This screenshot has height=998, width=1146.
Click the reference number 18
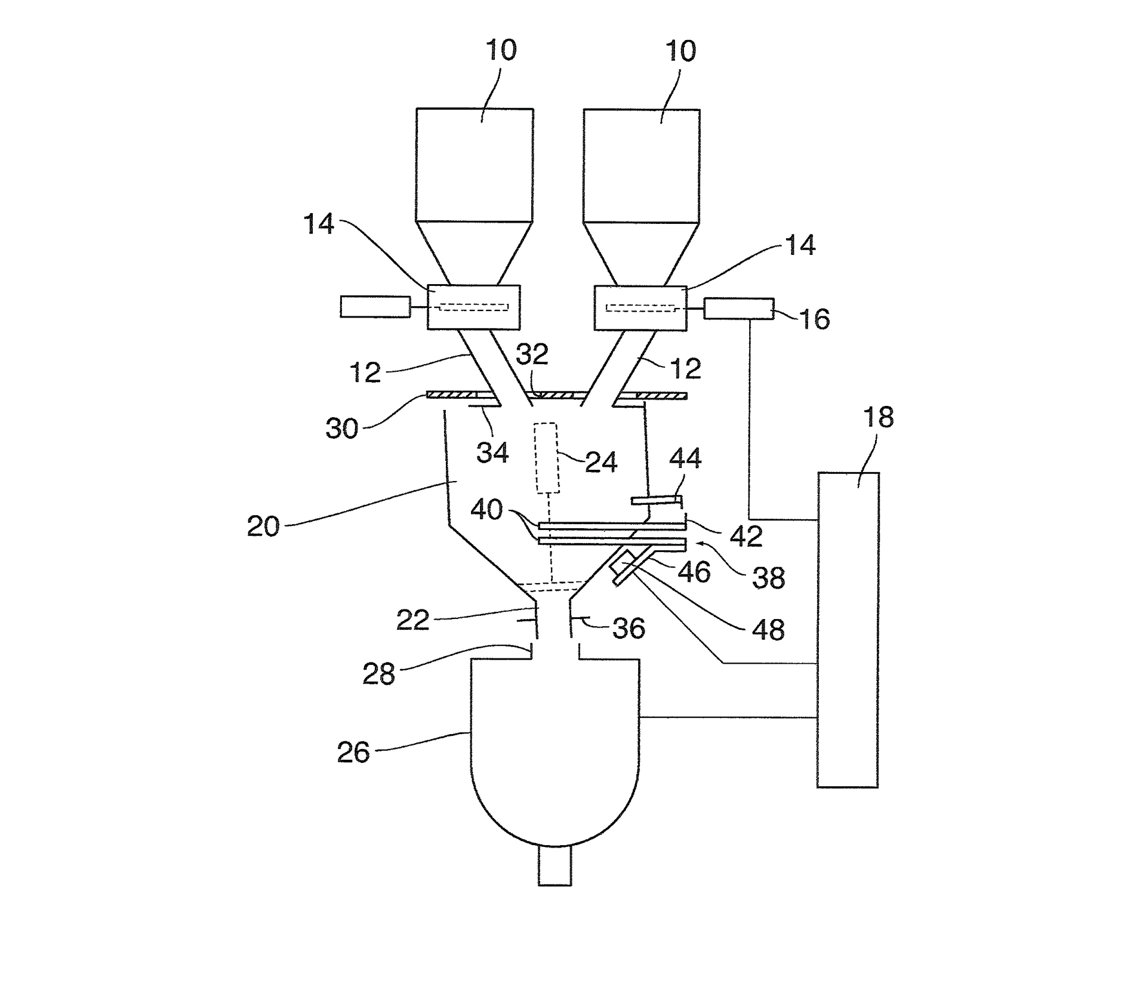pos(878,417)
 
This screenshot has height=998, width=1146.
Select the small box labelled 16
pos(738,309)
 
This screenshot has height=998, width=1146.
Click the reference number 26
pos(353,753)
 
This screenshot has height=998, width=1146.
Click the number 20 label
pos(263,526)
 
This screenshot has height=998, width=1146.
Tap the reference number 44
pos(685,458)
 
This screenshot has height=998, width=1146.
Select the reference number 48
pos(768,630)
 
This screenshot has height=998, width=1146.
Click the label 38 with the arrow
pos(768,578)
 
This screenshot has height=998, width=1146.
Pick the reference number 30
pos(341,429)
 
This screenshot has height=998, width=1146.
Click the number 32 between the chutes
pos(532,355)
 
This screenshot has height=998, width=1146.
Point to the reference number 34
pos(492,453)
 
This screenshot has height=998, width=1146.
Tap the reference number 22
pos(412,621)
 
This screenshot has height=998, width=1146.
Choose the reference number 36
pos(629,629)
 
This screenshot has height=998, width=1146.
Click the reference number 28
pos(378,674)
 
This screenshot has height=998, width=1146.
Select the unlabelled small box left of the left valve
pos(375,307)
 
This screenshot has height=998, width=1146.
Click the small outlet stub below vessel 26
pos(554,865)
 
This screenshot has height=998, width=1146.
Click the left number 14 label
pos(319,224)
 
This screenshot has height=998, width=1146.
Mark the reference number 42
pos(746,537)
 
